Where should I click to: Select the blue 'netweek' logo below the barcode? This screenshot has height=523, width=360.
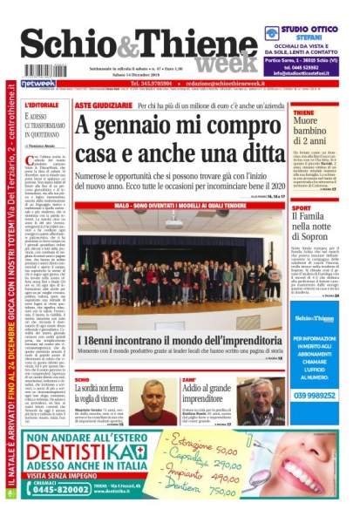[x=37, y=84]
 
